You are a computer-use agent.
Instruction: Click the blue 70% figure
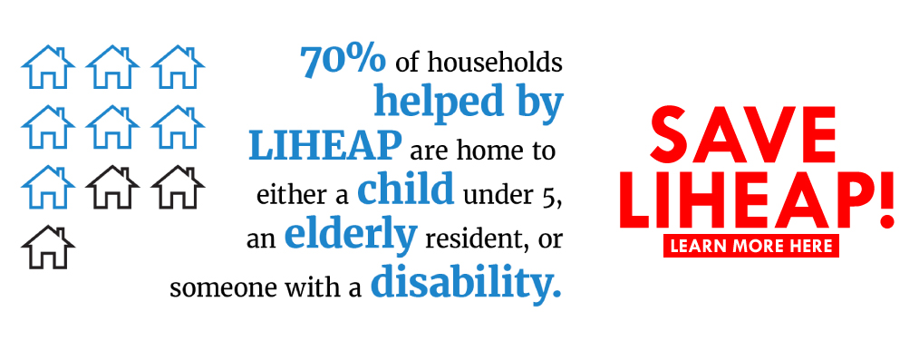tap(343, 61)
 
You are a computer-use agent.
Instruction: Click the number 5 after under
tap(553, 195)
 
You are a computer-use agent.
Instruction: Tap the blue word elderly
tap(351, 235)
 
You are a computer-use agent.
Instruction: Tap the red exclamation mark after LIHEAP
tap(886, 199)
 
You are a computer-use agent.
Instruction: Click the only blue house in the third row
tap(48, 187)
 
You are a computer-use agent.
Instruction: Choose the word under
tap(499, 195)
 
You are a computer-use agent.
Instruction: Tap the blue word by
tap(539, 102)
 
